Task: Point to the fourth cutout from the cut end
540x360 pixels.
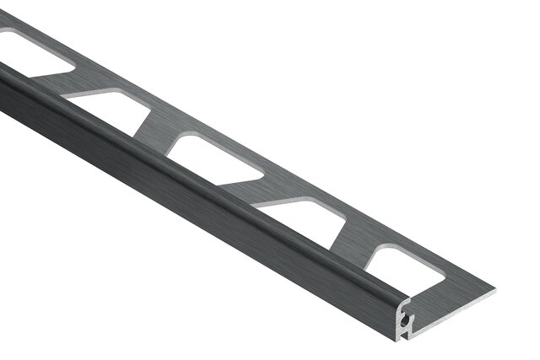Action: point(108,110)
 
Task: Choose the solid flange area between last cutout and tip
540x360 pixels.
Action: point(456,287)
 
